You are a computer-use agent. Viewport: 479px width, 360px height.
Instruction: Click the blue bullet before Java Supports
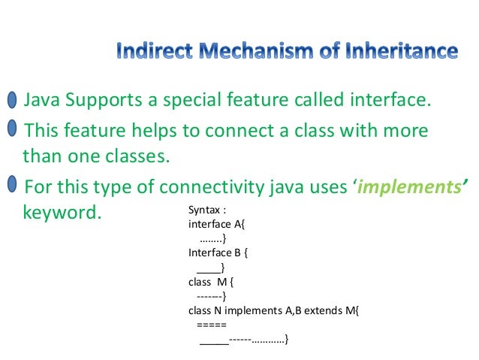click(x=13, y=101)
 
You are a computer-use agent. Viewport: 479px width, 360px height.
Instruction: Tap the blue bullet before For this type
click(x=13, y=184)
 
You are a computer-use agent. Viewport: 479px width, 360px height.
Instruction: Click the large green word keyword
click(x=62, y=212)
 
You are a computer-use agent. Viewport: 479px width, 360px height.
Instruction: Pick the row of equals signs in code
click(x=211, y=325)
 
